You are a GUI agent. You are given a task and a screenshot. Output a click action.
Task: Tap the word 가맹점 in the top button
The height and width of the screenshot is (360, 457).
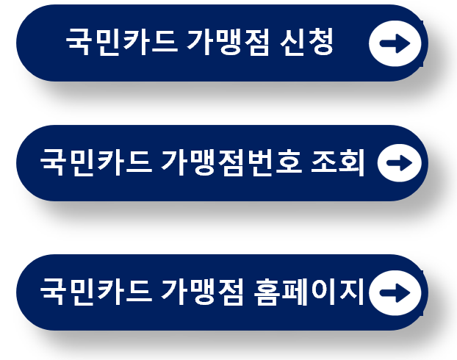coord(223,43)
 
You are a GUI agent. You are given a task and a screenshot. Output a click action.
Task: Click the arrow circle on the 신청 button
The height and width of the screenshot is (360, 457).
coord(395,44)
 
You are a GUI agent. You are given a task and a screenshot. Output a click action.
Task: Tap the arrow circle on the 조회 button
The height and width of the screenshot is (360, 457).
coord(399,163)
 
